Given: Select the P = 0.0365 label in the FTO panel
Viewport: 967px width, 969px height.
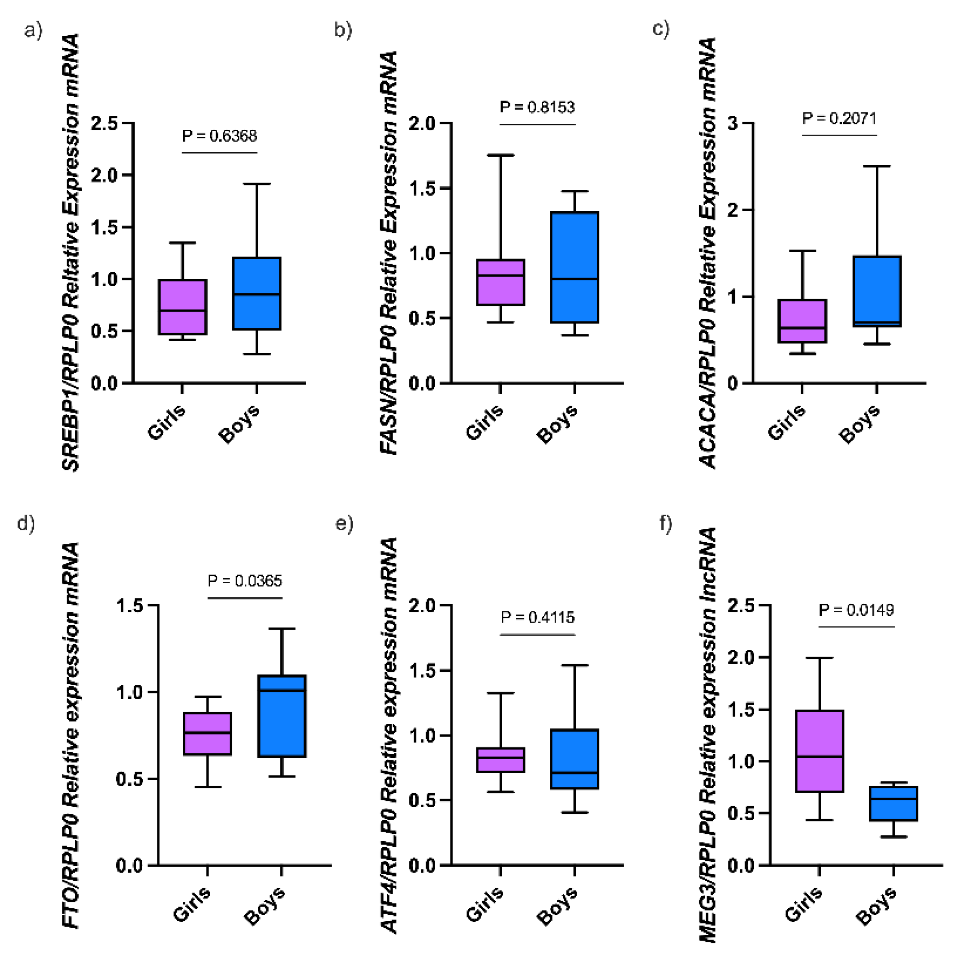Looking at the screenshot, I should pos(245,581).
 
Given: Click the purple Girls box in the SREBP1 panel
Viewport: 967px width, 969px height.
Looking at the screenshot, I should pos(182,307).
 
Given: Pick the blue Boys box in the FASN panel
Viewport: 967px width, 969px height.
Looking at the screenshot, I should pos(574,267).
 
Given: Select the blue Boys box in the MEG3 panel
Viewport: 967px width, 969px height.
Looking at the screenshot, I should pos(893,803).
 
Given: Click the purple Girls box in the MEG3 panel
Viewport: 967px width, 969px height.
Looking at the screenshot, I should pos(820,751).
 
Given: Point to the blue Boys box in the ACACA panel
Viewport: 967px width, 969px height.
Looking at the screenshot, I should pos(877,291).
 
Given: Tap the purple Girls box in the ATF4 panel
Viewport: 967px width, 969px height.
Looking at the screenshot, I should pos(500,760).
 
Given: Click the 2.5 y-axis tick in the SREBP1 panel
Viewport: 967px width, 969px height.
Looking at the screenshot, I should pos(104,123).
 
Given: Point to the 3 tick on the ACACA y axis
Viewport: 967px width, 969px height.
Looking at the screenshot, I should pos(733,123).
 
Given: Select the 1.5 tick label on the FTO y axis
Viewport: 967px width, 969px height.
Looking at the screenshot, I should pos(129,605).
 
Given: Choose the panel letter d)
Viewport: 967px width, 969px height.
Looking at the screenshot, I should pos(26,523).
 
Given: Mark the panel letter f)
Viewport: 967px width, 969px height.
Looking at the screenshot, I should pos(665,523).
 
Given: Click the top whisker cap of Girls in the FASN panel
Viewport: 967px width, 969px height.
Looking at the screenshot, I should pos(500,155).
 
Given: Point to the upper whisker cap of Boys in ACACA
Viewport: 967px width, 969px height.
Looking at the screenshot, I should pos(877,166).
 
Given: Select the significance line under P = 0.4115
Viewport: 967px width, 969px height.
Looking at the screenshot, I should pos(537,635).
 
